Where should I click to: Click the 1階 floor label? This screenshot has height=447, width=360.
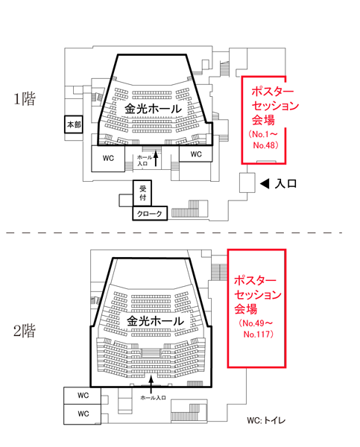[x=25, y=99]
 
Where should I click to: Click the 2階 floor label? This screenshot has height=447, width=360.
[x=25, y=331]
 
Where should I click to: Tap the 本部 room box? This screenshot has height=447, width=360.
[x=74, y=124]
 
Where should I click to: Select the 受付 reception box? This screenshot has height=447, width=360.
[x=142, y=193]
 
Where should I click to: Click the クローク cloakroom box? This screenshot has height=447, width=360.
[x=150, y=213]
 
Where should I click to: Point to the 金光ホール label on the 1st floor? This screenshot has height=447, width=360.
[x=153, y=109]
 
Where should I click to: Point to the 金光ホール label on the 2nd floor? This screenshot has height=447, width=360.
[x=155, y=321]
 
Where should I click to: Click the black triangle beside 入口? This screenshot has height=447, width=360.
[x=265, y=184]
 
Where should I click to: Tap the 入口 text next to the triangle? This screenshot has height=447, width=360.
[x=285, y=184]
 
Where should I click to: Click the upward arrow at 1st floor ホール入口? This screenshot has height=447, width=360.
[x=156, y=159]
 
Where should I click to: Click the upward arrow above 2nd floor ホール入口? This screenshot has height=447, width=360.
[x=151, y=384]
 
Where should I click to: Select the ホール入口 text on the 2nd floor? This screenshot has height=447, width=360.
[x=154, y=398]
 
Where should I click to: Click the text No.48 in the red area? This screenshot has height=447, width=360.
[x=265, y=145]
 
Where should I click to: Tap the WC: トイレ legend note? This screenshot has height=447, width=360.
[x=266, y=420]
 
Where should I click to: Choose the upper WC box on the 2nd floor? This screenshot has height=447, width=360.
[x=83, y=396]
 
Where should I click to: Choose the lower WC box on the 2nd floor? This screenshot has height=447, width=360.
[x=83, y=414]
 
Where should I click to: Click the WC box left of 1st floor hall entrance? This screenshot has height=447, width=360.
[x=108, y=159]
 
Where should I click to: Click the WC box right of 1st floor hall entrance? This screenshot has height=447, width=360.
[x=196, y=154]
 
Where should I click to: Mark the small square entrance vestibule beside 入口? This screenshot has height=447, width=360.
[x=247, y=183]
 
